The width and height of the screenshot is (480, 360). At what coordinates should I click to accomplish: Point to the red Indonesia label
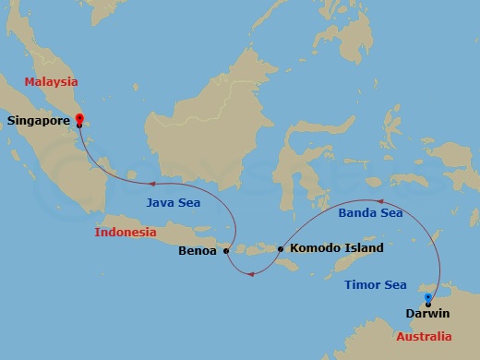click(126, 232)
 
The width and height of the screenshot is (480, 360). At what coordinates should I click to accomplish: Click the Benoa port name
click(198, 250)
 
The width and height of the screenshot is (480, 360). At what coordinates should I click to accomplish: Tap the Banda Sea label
click(370, 213)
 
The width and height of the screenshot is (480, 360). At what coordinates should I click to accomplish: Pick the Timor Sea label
click(375, 285)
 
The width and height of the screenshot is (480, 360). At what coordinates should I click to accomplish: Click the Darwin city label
click(428, 314)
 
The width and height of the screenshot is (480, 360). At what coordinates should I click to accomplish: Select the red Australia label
click(424, 336)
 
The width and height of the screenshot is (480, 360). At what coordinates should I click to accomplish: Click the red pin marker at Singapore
click(79, 118)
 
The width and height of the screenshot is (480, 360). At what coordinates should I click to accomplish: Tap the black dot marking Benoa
click(226, 250)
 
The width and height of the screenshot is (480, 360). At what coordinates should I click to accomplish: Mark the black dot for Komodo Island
click(280, 248)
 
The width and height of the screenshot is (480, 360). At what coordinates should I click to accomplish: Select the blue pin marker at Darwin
click(427, 298)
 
